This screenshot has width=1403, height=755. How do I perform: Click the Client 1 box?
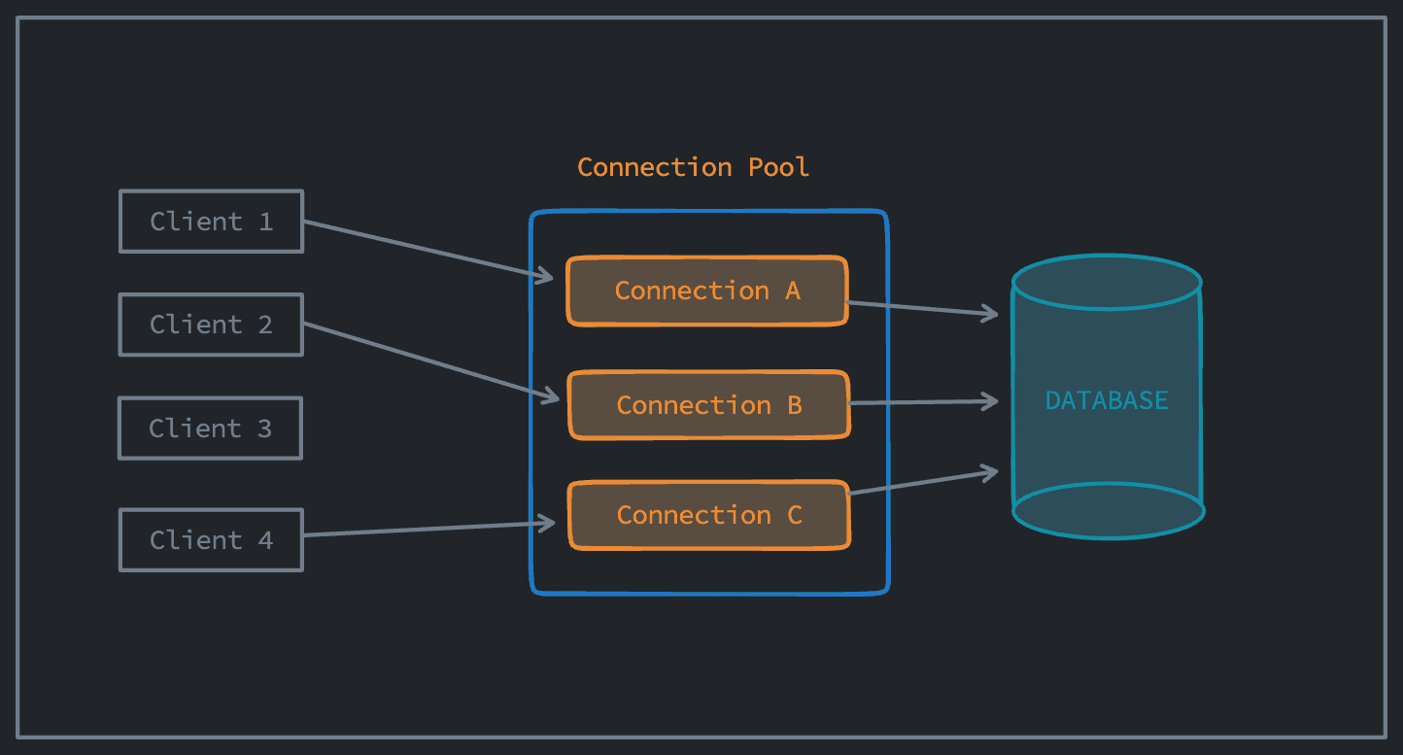(211, 222)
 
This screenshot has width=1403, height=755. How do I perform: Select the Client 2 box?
(211, 325)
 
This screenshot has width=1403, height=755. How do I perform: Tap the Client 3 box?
(210, 429)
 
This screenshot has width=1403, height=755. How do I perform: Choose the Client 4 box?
(211, 540)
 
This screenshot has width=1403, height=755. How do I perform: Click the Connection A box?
(707, 291)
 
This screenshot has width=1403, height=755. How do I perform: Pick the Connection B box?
(709, 404)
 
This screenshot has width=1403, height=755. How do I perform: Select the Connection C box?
(709, 515)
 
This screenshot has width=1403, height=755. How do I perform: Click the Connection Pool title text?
(693, 167)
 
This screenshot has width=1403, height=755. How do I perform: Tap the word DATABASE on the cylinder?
(1107, 400)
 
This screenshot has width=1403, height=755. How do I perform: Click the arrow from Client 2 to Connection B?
(428, 361)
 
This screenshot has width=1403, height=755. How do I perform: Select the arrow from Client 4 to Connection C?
(428, 530)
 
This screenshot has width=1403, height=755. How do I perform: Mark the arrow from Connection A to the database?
(923, 308)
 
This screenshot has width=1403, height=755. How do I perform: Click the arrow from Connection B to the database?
(923, 401)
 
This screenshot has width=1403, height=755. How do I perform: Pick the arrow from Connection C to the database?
(923, 483)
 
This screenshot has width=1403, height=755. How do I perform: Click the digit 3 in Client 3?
(264, 429)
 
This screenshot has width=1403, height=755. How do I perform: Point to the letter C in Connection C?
(795, 515)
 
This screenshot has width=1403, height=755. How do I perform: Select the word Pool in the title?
(778, 167)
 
